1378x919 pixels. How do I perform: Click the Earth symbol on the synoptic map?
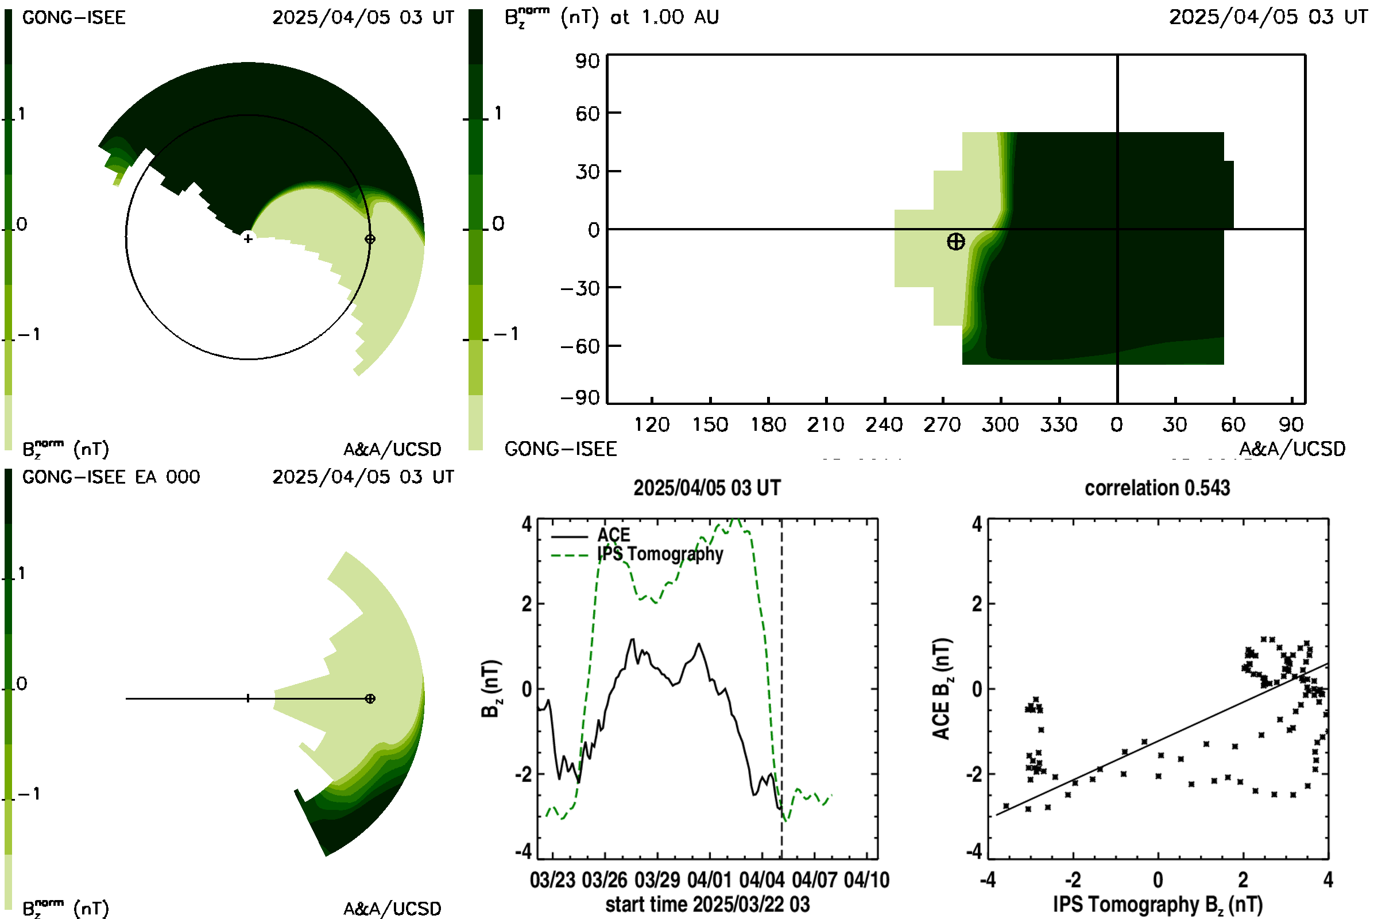click(x=955, y=241)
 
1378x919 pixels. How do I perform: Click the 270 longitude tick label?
click(x=942, y=425)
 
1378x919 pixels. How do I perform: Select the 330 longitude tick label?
click(x=1059, y=425)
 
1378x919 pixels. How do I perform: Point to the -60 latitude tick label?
click(x=580, y=346)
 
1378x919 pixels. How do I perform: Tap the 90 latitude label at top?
click(x=587, y=61)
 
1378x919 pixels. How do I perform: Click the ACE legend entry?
click(x=591, y=535)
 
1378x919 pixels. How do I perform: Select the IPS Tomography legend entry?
click(x=637, y=554)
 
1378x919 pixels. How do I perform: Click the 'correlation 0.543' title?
click(x=1157, y=488)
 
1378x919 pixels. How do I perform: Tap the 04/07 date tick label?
click(x=814, y=880)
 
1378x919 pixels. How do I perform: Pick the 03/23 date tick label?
click(x=552, y=880)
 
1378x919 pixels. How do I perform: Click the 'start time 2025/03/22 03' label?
click(x=707, y=904)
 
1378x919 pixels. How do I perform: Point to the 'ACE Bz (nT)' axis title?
click(x=941, y=689)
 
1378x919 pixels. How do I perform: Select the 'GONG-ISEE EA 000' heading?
click(x=111, y=477)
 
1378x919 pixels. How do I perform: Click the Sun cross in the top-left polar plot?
click(x=249, y=238)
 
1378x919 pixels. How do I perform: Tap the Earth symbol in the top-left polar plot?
click(x=370, y=239)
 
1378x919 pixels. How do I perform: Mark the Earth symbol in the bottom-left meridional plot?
click(x=370, y=698)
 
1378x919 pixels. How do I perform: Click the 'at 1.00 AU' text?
click(x=664, y=17)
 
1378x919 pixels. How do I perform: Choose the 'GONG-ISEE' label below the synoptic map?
click(x=560, y=449)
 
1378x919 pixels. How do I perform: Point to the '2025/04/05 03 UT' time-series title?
click(x=707, y=488)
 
